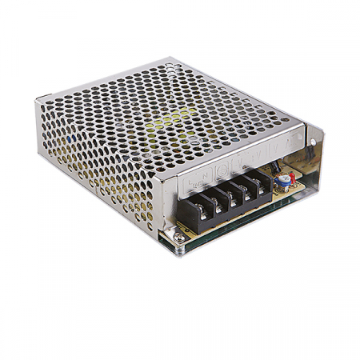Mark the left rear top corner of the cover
point(38,100)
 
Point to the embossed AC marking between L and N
point(198,182)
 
